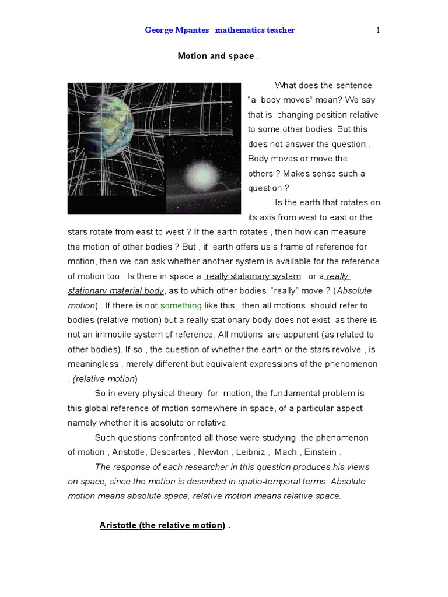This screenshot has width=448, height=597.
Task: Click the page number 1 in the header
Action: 378,30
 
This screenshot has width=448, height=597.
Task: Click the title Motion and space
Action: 216,56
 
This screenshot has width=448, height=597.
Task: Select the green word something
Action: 181,305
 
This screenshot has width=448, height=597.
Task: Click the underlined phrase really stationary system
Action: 253,276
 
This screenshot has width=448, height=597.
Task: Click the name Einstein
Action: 321,452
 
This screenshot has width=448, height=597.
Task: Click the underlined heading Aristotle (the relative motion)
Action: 162,525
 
